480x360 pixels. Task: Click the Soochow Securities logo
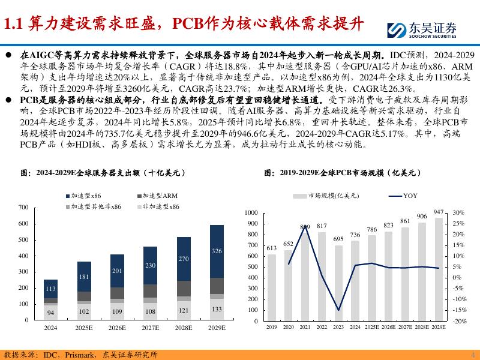(422, 30)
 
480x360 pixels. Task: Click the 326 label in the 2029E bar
(217, 251)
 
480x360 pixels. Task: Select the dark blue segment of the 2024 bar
(50, 289)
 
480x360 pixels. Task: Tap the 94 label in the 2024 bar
(50, 313)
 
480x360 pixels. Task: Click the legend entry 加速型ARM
(157, 196)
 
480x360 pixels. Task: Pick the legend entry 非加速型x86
(158, 206)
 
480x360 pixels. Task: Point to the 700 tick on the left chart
(23, 208)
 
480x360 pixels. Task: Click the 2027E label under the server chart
(151, 328)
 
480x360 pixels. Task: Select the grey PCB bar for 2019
(272, 287)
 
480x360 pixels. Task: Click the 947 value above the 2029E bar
(439, 212)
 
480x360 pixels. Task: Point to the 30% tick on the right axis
(458, 212)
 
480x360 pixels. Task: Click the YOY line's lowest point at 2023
(338, 310)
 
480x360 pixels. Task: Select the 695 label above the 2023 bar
(338, 239)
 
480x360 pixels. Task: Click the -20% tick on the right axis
(460, 321)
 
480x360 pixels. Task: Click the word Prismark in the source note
(80, 355)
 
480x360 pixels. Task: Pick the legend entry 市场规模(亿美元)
(326, 196)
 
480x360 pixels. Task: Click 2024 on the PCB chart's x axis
(355, 327)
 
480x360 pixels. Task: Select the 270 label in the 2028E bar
(184, 259)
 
